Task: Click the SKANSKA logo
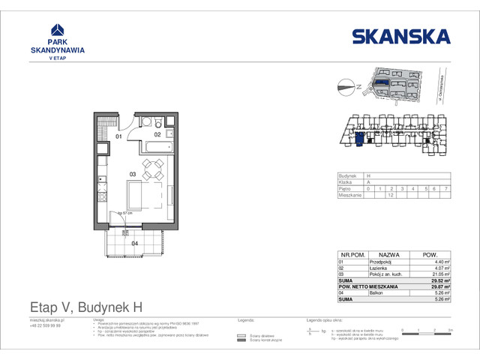401,36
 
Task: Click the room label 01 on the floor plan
118,137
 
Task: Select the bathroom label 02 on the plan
157,134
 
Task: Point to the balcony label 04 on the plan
135,243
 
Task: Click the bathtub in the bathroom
160,145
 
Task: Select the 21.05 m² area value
441,274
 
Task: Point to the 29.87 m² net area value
440,287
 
